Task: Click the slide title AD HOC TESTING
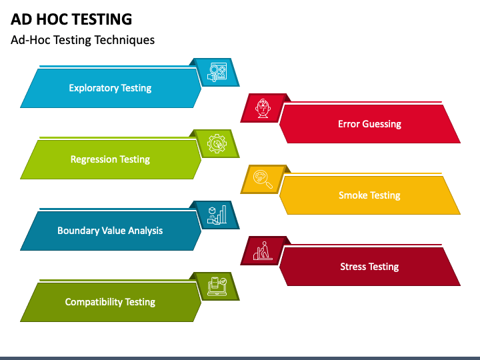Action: pyautogui.click(x=71, y=19)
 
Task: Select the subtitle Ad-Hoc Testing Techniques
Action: pyautogui.click(x=83, y=40)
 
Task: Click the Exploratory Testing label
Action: pyautogui.click(x=110, y=88)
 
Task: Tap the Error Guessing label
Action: pyautogui.click(x=369, y=124)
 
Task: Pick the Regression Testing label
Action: pyautogui.click(x=110, y=159)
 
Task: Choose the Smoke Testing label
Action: pyautogui.click(x=369, y=195)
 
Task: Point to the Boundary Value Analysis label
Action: pyautogui.click(x=110, y=231)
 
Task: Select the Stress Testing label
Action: pyautogui.click(x=369, y=267)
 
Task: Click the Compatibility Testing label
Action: pyautogui.click(x=110, y=302)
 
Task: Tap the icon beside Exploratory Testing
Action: pyautogui.click(x=217, y=72)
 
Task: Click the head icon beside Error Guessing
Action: pyautogui.click(x=262, y=107)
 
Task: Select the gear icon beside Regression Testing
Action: pyautogui.click(x=217, y=143)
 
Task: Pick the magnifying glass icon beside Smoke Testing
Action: pyautogui.click(x=262, y=179)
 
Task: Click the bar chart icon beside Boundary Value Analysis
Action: pyautogui.click(x=217, y=215)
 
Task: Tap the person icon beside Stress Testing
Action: pyautogui.click(x=262, y=251)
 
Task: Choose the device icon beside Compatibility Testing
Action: pyautogui.click(x=217, y=286)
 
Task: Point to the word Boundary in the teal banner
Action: pyautogui.click(x=78, y=231)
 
